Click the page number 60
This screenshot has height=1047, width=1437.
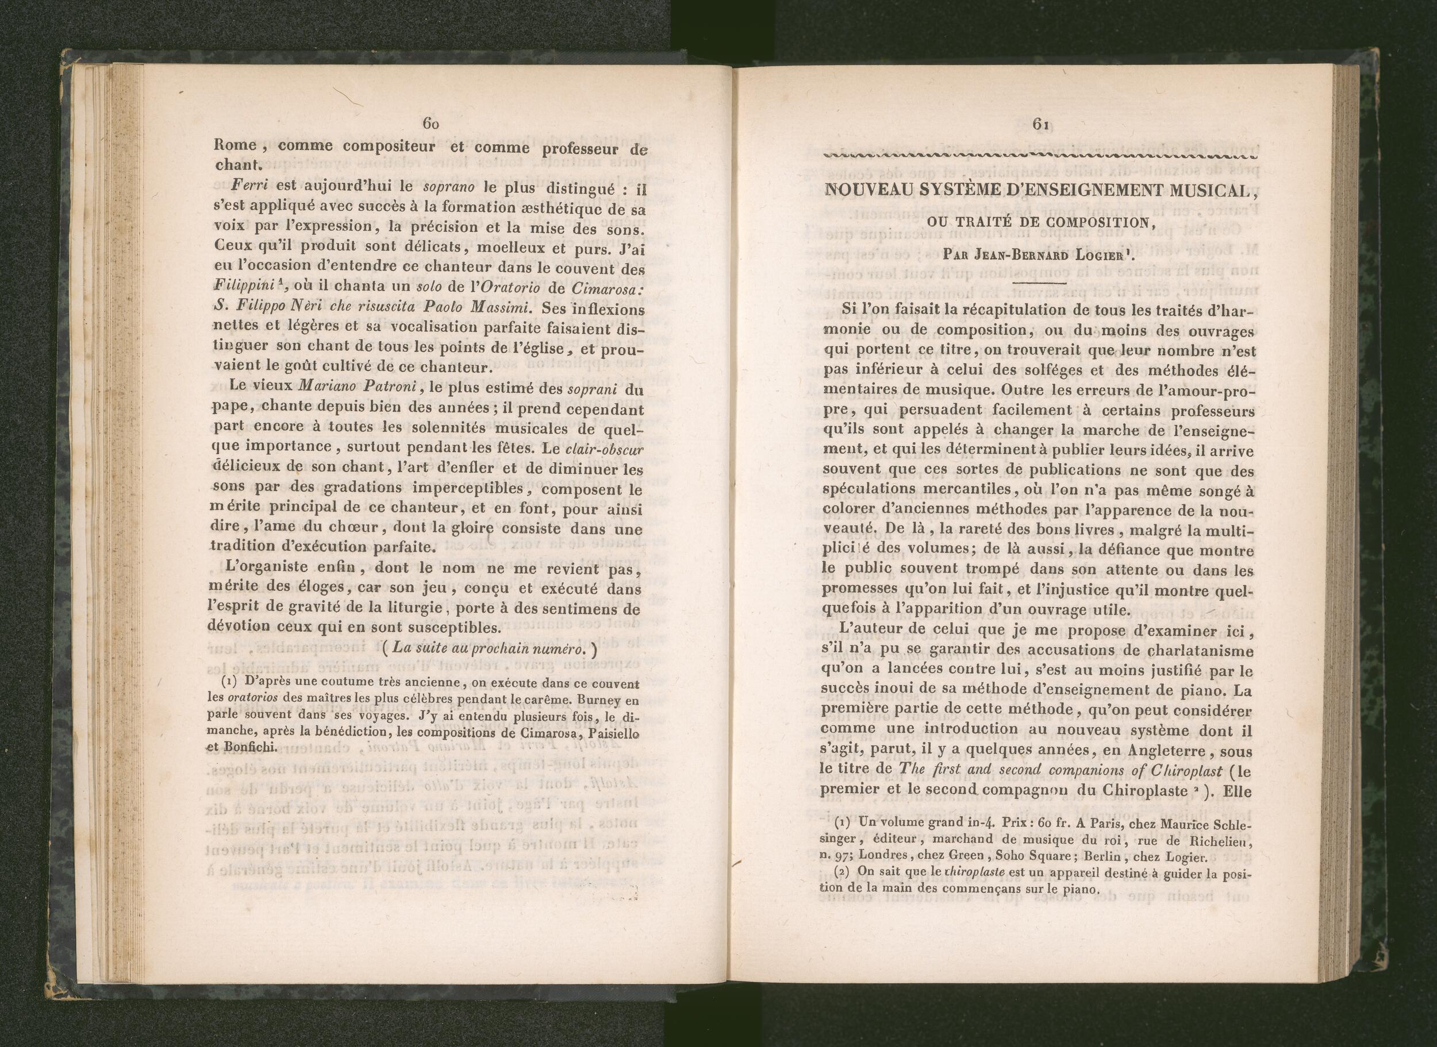(430, 124)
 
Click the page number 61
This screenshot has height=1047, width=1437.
(1040, 124)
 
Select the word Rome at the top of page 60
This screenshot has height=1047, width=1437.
(235, 145)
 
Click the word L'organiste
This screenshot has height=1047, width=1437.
(269, 567)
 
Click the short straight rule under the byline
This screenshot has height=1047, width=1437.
(1040, 282)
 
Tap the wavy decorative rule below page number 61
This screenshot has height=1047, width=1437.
(1040, 156)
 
